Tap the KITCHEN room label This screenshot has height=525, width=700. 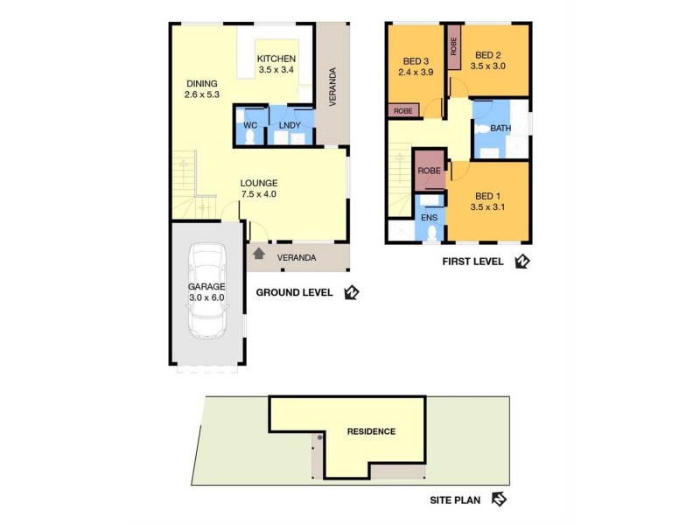pos(276,59)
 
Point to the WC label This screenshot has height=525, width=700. pos(249,125)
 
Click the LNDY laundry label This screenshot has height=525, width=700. pos(290,125)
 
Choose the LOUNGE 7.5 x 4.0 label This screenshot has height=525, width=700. pos(259,188)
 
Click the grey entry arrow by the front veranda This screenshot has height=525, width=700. pos(258,255)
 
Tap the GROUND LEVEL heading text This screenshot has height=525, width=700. pos(294,292)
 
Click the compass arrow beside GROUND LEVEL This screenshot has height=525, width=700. pos(352,292)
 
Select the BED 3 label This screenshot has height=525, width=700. pos(416,60)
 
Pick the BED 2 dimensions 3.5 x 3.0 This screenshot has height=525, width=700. pos(488,66)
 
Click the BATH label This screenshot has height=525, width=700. pos(500,129)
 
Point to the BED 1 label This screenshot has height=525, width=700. pos(488,196)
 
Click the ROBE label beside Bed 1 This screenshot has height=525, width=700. pos(429,171)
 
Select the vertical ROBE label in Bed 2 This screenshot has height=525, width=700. pos(453,46)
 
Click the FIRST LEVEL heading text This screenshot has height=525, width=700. pos(472,261)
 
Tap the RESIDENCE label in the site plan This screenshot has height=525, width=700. pos(371,431)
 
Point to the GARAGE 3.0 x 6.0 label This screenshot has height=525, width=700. pos(206,291)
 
